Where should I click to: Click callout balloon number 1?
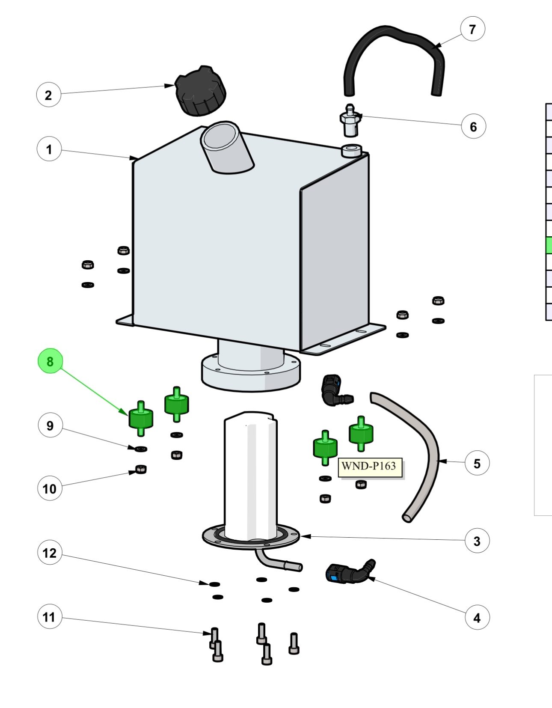49,149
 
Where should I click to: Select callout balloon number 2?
48,95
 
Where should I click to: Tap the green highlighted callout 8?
50,361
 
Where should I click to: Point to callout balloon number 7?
472,29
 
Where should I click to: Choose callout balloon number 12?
50,553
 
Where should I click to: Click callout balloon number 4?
477,618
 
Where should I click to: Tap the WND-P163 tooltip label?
370,466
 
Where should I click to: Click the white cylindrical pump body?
250,475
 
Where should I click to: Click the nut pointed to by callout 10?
141,469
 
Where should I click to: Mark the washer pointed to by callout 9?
141,449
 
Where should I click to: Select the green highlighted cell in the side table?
549,245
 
